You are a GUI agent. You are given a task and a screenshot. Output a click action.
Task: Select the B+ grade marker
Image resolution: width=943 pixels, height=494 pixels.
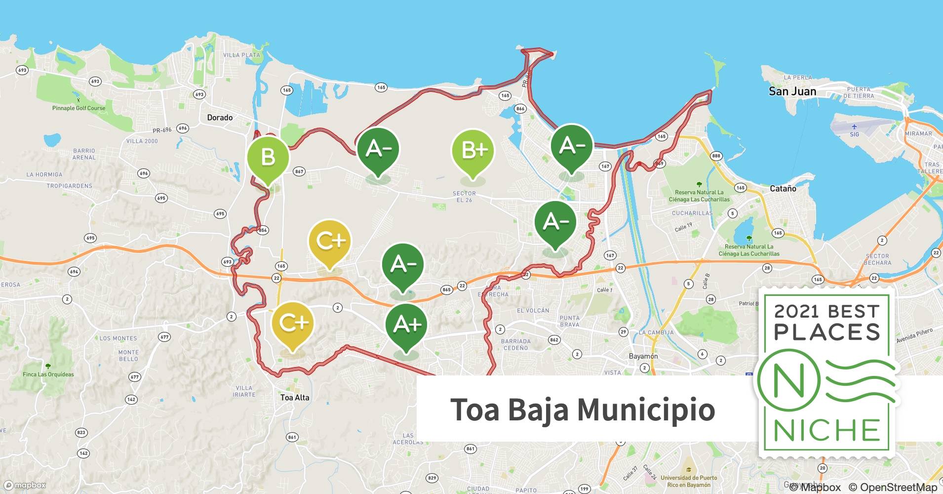pos(473,150)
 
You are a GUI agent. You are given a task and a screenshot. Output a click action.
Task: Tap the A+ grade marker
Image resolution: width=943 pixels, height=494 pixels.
pos(406,325)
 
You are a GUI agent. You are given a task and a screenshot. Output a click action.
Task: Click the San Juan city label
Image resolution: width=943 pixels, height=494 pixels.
pos(792,91)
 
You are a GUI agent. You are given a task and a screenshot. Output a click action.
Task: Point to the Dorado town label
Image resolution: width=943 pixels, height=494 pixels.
pos(220,118)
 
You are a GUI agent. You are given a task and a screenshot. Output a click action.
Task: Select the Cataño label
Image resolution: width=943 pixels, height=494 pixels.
pos(783,188)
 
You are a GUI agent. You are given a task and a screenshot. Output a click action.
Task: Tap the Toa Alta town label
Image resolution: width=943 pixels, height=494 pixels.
pos(295,397)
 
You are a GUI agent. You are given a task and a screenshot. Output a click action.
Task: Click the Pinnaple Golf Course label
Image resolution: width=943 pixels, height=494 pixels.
pos(79,108)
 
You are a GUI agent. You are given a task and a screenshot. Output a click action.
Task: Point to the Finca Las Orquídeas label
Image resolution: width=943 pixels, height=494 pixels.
pos(48,374)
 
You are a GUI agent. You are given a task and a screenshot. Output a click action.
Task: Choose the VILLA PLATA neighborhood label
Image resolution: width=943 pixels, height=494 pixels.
pos(241,55)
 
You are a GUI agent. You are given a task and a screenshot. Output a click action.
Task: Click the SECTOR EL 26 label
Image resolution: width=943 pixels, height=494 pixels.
pos(464,197)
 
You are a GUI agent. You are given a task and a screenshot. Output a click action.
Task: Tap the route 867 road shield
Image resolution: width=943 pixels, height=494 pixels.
pos(299,171)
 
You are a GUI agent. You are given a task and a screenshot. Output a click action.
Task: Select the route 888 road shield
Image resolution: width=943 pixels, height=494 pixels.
pos(716,156)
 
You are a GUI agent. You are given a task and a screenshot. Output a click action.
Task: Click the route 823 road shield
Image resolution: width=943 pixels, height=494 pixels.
pos(81,432)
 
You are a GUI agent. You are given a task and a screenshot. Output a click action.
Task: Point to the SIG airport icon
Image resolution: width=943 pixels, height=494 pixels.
pos(854,127)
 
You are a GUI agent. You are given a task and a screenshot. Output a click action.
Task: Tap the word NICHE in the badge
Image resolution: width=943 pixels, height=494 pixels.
pos(827,430)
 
